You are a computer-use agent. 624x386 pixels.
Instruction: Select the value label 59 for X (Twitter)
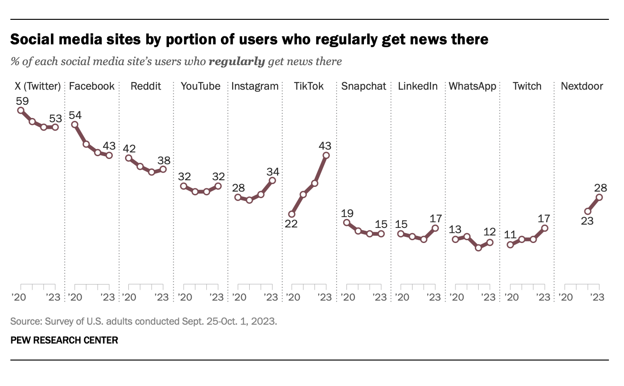pos(22,101)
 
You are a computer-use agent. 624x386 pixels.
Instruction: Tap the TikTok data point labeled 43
pos(326,155)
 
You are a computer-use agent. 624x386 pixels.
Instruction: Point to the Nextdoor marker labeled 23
pos(588,211)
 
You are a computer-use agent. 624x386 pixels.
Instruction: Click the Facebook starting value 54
pos(75,115)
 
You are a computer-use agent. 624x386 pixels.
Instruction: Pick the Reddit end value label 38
pos(164,160)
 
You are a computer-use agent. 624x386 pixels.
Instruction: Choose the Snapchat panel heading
pos(364,86)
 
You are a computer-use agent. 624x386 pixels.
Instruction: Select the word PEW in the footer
pos(19,340)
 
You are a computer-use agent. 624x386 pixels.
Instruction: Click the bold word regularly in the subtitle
pos(236,61)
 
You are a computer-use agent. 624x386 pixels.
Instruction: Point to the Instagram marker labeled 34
pos(272,180)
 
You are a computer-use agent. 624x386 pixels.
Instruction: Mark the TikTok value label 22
pos(291,224)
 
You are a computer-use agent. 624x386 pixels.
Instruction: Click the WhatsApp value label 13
pos(455,230)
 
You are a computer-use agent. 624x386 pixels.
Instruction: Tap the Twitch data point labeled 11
pos(510,244)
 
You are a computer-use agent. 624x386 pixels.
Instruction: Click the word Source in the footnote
pos(25,322)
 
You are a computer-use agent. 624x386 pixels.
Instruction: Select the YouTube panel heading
pos(201,86)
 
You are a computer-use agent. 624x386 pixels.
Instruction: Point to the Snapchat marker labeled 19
pos(346,223)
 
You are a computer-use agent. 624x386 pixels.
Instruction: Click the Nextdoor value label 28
pos(600,188)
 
